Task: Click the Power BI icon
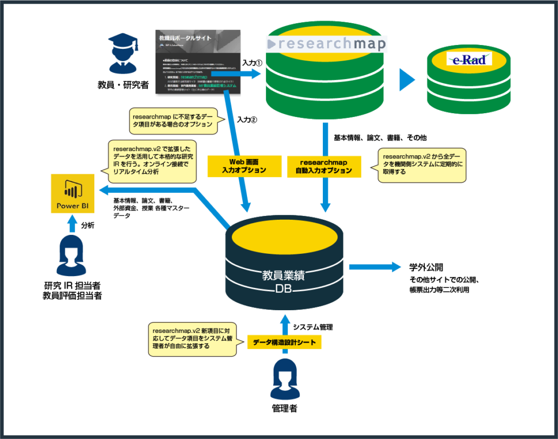(x=72, y=193)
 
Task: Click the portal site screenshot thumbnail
(x=197, y=60)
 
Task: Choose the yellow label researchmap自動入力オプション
(x=323, y=166)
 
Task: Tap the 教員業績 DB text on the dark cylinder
(x=283, y=281)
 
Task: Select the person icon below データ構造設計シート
(x=285, y=379)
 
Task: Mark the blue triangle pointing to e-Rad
(x=407, y=80)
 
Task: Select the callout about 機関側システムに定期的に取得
(x=421, y=165)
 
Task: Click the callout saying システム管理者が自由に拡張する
(x=192, y=339)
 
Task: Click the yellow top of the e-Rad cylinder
(x=469, y=58)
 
